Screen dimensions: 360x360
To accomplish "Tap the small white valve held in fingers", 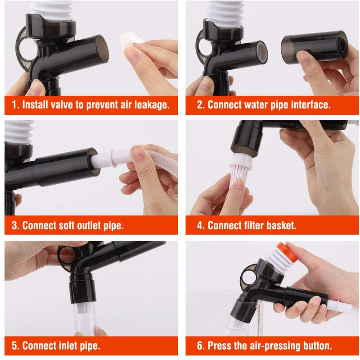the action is coord(131,40).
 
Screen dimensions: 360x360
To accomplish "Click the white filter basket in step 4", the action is coord(240,169).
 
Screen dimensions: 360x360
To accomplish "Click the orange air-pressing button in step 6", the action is coord(287,252).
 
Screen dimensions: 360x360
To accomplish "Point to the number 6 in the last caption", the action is coord(199,346).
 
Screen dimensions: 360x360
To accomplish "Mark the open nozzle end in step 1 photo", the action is coord(103,49).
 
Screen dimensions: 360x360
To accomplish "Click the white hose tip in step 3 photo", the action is coord(104,159).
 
